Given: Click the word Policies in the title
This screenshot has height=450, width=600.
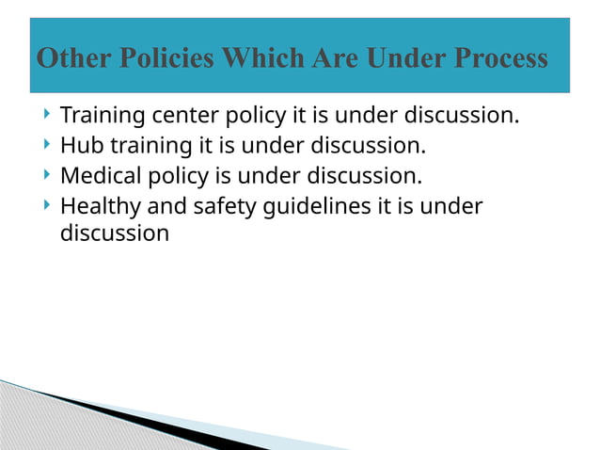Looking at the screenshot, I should point(149,58).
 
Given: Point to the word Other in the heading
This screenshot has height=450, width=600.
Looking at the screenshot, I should point(66,58).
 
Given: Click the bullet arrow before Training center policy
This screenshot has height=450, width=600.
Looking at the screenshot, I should point(47,115).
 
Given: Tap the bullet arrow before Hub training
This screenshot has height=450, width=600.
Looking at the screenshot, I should point(47,145).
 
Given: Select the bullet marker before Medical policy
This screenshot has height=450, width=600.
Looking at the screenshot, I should point(47,174).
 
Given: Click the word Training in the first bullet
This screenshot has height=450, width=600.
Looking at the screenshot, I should point(101,116).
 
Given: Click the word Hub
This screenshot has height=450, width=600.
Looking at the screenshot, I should point(80,146).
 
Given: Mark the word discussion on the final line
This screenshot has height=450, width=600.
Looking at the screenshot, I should point(115,233).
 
